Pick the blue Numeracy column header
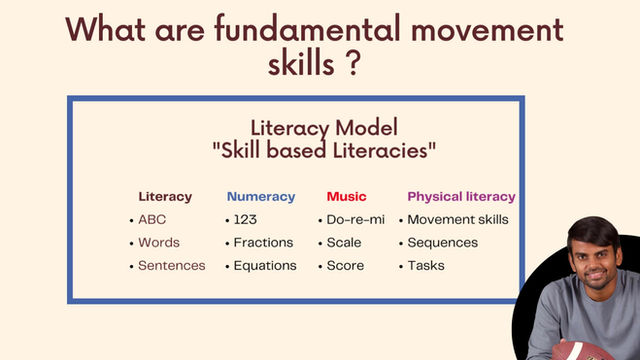pyautogui.click(x=261, y=196)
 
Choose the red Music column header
pyautogui.click(x=346, y=196)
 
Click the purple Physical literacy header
pyautogui.click(x=461, y=196)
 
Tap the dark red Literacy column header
pyautogui.click(x=165, y=196)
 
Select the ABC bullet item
pyautogui.click(x=153, y=219)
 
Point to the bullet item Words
pyautogui.click(x=159, y=242)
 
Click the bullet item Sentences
pyautogui.click(x=171, y=265)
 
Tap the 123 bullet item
pyautogui.click(x=245, y=219)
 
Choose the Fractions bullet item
pyautogui.click(x=263, y=242)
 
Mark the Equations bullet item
pyautogui.click(x=265, y=265)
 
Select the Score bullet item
pyautogui.click(x=345, y=265)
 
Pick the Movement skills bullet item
pyautogui.click(x=458, y=219)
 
